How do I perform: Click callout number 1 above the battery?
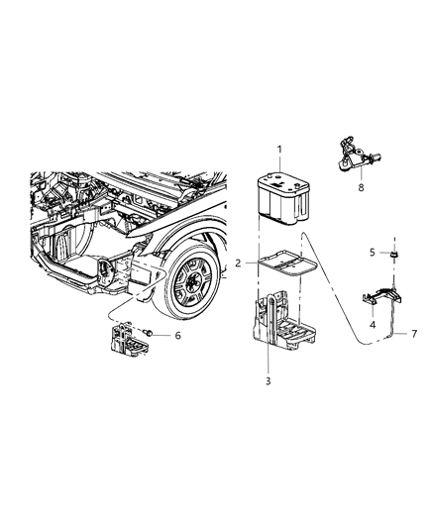pos(280,151)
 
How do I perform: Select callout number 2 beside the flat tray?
pos(238,263)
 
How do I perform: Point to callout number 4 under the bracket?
pos(373,325)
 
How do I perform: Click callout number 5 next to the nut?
pos(372,253)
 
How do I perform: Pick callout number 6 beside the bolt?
pos(177,336)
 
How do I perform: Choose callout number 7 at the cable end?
pos(413,333)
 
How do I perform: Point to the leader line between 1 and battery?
pos(280,164)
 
